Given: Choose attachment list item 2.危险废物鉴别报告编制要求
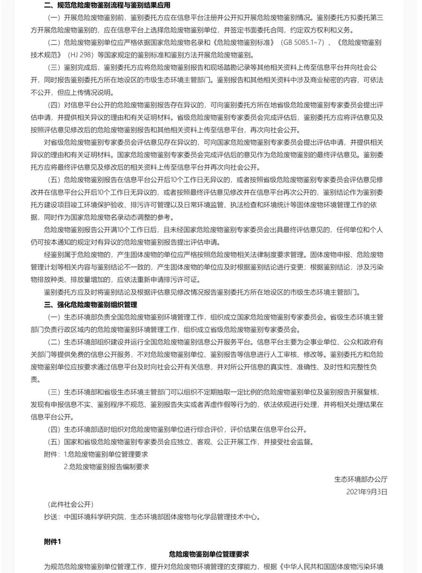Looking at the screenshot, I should [106, 466].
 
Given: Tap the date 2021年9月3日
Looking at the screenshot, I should [367, 492].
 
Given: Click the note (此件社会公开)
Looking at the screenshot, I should [70, 504].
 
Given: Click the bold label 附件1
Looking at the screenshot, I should [53, 542].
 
